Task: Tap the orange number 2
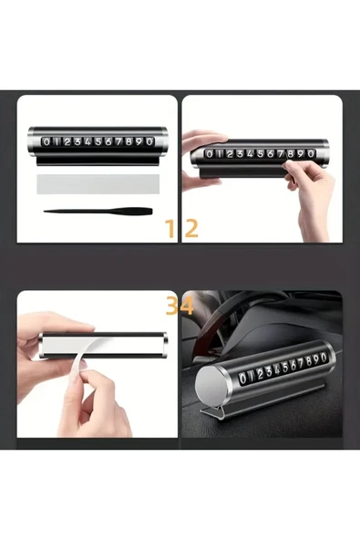[191, 228]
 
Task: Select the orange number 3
[171, 306]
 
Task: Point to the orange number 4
[187, 306]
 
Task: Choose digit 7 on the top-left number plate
[118, 142]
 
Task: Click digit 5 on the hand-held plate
[259, 152]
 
